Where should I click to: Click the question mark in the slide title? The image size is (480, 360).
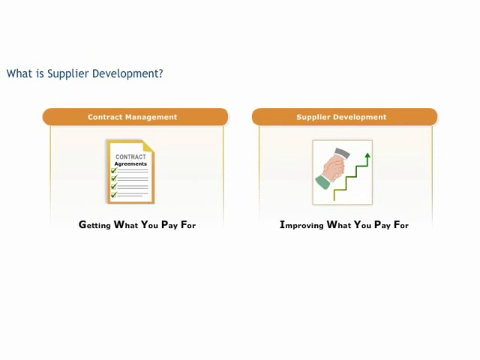[160, 73]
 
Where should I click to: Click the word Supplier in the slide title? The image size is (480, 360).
[68, 74]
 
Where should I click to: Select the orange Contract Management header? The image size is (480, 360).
[135, 117]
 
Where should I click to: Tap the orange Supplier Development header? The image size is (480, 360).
[345, 117]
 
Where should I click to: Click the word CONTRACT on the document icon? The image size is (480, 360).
[130, 157]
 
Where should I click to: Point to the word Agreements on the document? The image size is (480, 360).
[130, 163]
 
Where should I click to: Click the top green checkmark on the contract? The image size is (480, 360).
[114, 170]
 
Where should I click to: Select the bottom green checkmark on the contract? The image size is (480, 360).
[114, 194]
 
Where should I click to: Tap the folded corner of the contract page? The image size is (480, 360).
[148, 146]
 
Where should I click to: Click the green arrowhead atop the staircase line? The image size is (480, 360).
[367, 155]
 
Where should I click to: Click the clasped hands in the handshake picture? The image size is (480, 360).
[334, 168]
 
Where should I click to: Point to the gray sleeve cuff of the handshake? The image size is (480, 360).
[342, 153]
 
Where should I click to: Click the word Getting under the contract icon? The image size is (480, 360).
[94, 225]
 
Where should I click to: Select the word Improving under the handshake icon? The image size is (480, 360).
[301, 225]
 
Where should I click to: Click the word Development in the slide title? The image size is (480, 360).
[127, 74]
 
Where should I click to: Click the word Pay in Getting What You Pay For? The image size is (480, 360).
[169, 225]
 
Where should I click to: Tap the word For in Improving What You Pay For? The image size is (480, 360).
[401, 225]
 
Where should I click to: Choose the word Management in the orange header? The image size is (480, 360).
[151, 117]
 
